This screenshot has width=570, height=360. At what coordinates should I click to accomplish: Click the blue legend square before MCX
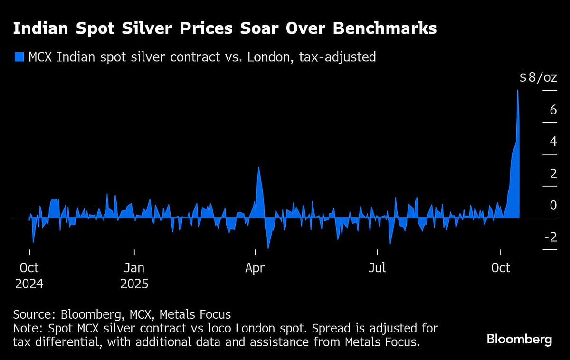tap(19, 57)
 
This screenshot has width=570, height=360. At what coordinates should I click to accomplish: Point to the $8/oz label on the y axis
tap(538, 77)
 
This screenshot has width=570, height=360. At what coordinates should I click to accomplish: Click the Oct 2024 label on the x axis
tap(29, 275)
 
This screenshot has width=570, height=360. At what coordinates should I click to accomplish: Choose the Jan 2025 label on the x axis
tap(134, 275)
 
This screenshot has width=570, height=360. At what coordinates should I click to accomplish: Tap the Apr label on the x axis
tap(255, 268)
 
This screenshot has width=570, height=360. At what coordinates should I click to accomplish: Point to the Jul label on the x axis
tap(377, 268)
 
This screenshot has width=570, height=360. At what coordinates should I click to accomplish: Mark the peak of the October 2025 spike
tap(517, 90)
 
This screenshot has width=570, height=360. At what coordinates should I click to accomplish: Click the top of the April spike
tap(258, 167)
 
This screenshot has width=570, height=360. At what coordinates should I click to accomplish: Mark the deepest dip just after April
tap(268, 248)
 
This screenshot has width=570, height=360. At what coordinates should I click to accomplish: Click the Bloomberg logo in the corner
tap(519, 340)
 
